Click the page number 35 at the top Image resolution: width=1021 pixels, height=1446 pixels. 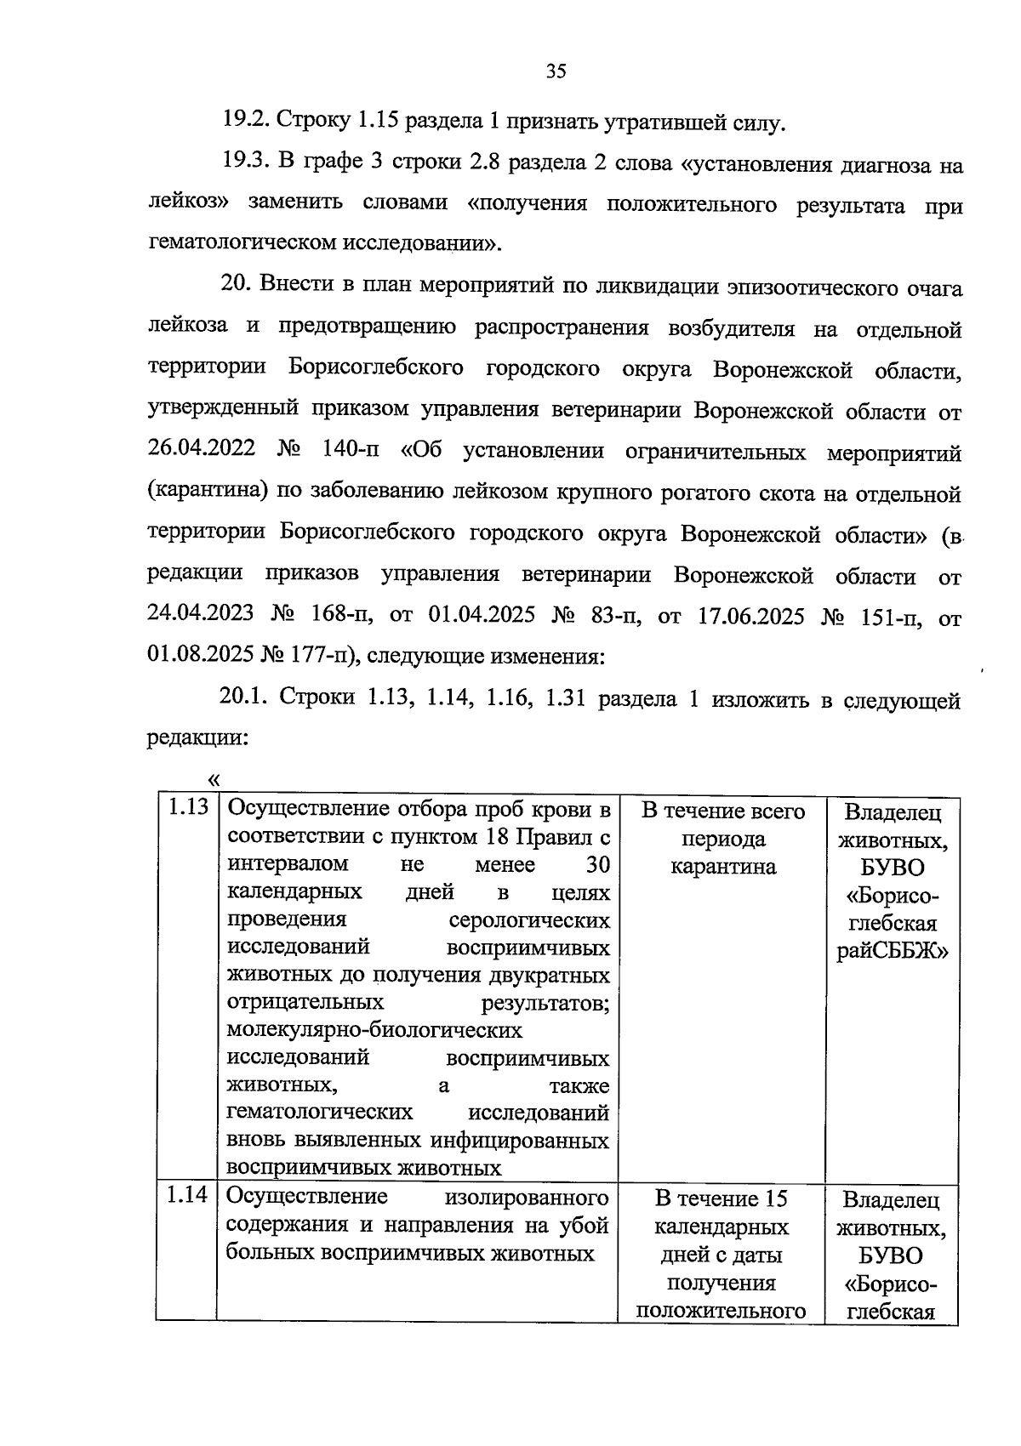556,71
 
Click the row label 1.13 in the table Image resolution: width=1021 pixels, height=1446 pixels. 187,807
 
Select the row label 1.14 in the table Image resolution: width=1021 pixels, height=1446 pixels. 187,1195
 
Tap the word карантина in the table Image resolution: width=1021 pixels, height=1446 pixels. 723,867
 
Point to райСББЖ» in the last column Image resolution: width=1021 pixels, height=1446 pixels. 892,951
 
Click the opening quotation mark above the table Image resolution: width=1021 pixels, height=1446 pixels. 213,778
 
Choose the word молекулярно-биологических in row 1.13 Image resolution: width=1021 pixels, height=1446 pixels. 374,1031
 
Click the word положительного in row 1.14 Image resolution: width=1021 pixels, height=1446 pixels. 722,1311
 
